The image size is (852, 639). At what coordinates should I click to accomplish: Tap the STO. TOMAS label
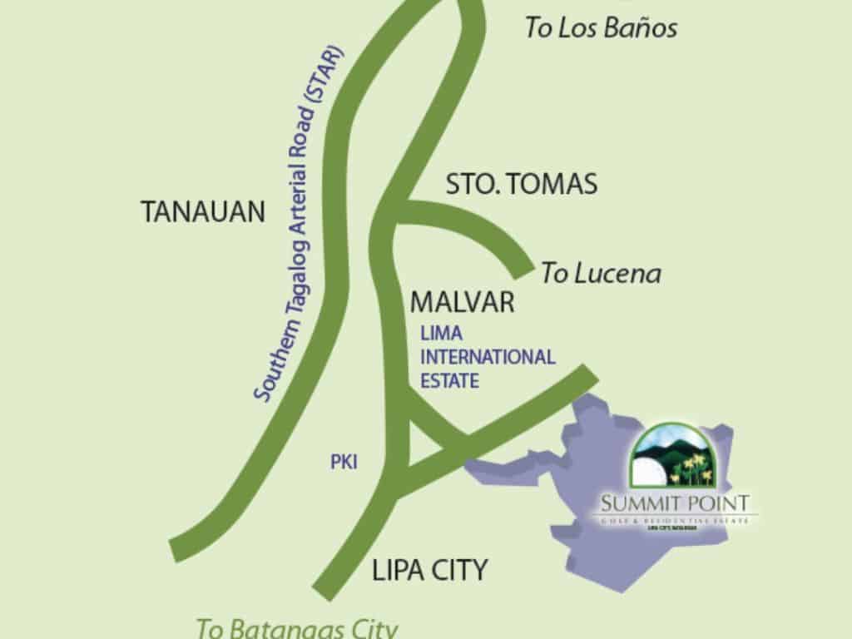coord(522,184)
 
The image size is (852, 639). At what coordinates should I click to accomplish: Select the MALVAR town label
coord(463,302)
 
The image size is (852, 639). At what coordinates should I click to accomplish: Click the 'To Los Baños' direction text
coord(601,28)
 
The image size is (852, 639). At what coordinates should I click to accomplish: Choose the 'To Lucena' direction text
coord(601,273)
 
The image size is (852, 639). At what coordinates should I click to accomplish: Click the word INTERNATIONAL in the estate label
coord(488,358)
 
